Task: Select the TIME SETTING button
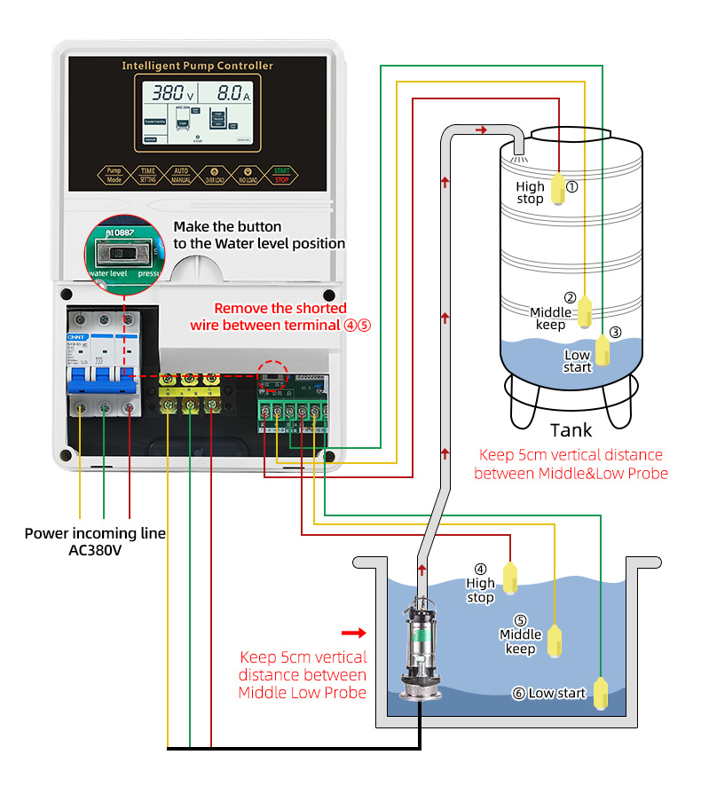point(147,174)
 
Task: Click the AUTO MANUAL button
point(181,174)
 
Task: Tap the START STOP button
point(281,174)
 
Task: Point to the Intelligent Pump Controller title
point(197,66)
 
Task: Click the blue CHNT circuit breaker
point(104,360)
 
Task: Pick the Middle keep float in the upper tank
point(587,311)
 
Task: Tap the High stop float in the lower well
point(511,578)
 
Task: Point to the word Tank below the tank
point(571,431)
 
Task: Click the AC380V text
point(95,550)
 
